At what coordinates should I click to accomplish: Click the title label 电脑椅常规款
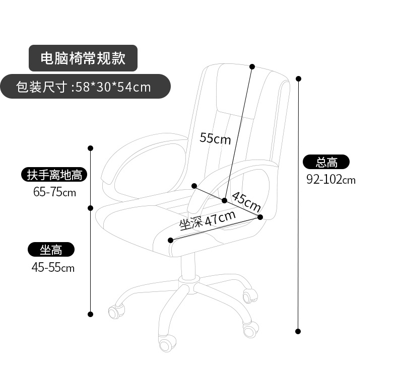[83, 58]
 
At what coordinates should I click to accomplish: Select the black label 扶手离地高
[54, 175]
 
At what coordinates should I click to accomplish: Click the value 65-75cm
[54, 192]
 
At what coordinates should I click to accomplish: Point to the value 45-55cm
[53, 267]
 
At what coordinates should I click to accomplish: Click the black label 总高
[326, 162]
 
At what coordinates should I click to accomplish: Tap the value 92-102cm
[331, 179]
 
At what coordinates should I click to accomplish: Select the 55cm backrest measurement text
[215, 137]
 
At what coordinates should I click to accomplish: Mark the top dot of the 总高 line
[298, 79]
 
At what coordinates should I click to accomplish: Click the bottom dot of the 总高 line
[298, 331]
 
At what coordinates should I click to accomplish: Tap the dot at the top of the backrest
[252, 66]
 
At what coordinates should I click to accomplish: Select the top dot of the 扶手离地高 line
[91, 148]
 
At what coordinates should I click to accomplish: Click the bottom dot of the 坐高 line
[91, 314]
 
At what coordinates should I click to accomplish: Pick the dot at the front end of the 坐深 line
[170, 240]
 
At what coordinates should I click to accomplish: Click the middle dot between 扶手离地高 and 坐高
[91, 207]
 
